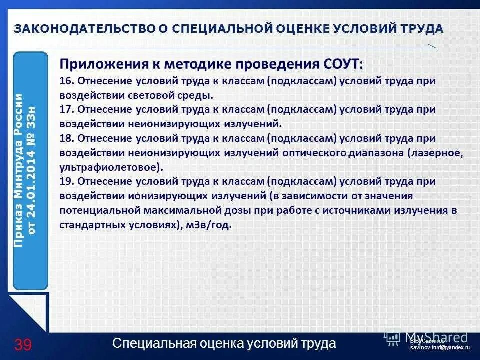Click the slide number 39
(23, 345)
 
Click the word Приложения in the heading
(98, 64)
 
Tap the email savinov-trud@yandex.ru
(439, 347)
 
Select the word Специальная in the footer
(150, 344)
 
